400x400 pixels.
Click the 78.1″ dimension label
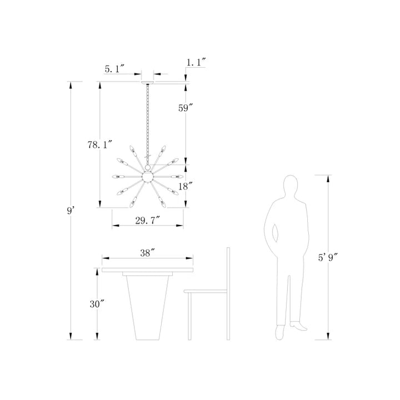click(x=100, y=145)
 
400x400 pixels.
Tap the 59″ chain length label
click(x=185, y=108)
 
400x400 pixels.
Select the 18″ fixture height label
click(x=185, y=186)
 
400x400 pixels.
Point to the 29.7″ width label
click(x=147, y=221)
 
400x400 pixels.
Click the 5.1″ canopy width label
click(x=114, y=69)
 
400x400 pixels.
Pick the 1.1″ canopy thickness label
click(x=196, y=62)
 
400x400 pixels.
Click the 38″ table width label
click(x=147, y=253)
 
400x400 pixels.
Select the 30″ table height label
click(x=97, y=304)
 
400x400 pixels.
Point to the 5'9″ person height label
click(x=328, y=257)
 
